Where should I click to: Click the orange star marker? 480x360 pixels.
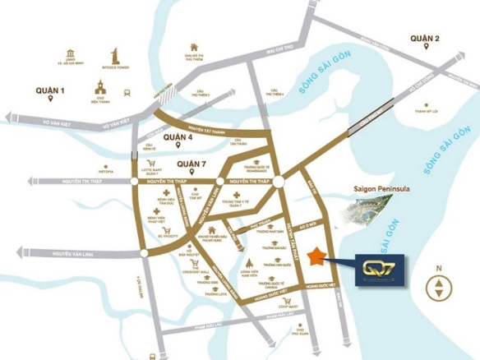[x=315, y=257]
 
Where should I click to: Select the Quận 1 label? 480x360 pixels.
[x=50, y=90]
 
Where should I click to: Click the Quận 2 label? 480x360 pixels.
[x=427, y=38]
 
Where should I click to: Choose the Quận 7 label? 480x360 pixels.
[x=192, y=163]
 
